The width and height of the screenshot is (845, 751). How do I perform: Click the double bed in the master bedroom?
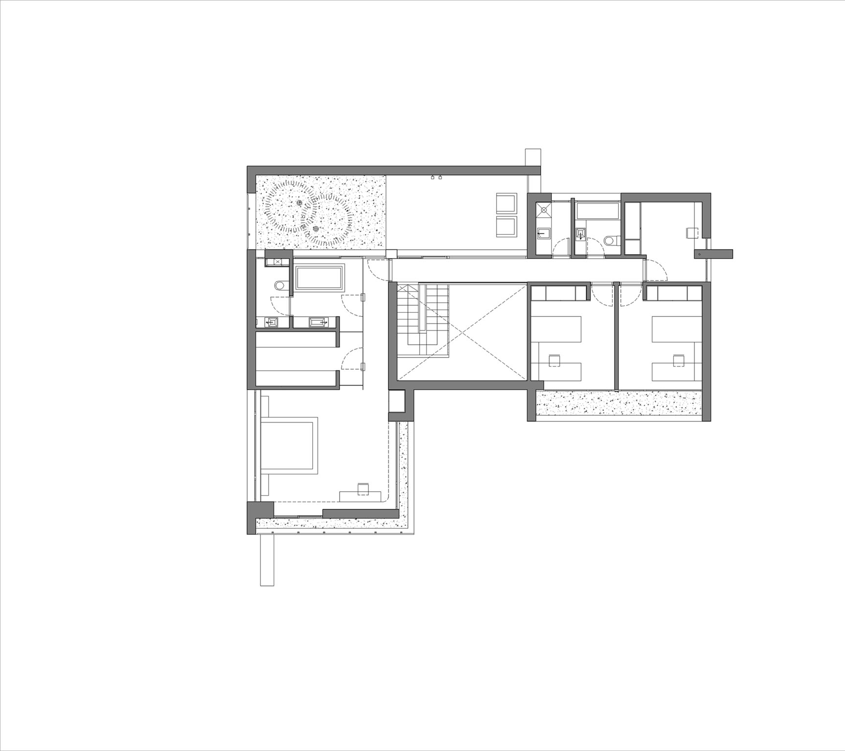coord(290,445)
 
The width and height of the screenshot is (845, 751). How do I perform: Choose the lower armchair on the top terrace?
coord(506,227)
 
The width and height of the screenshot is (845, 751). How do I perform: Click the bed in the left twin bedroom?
coord(556,329)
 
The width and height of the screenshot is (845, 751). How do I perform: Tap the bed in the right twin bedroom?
coord(676,329)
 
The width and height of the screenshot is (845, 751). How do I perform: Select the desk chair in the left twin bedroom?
coord(555,360)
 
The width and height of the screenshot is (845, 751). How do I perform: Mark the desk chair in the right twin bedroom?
coord(678,360)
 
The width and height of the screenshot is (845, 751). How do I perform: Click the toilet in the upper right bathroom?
coord(610,241)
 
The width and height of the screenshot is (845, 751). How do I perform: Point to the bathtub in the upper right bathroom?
coord(598,211)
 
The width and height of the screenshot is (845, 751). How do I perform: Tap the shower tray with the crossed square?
coord(543,210)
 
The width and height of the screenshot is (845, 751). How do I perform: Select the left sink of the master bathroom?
coord(271,322)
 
